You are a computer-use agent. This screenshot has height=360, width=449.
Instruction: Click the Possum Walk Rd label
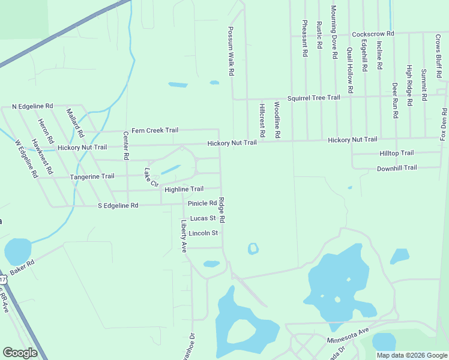coord(231,51)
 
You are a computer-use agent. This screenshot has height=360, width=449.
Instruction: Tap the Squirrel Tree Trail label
coord(313,97)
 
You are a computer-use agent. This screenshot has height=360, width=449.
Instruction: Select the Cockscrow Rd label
coord(373,34)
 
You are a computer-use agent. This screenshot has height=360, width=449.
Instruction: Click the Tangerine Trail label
coord(92,176)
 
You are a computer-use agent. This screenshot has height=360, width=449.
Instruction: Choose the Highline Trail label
coord(184,189)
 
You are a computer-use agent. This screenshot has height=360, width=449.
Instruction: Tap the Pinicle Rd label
coord(202,203)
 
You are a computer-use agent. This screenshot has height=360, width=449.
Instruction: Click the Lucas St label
coord(202,218)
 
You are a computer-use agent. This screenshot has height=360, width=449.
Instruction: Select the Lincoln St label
coord(202,233)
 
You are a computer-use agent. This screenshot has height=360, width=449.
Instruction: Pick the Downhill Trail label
coord(396,168)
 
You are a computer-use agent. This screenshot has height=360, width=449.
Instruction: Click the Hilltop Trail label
coord(396,154)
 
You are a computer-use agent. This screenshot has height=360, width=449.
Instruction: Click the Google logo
coord(20,353)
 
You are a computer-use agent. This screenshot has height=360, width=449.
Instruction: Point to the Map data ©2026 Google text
coord(411,355)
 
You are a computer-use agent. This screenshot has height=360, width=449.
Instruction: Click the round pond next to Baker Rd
coord(17,251)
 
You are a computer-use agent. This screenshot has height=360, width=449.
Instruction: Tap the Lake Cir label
coord(149,176)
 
